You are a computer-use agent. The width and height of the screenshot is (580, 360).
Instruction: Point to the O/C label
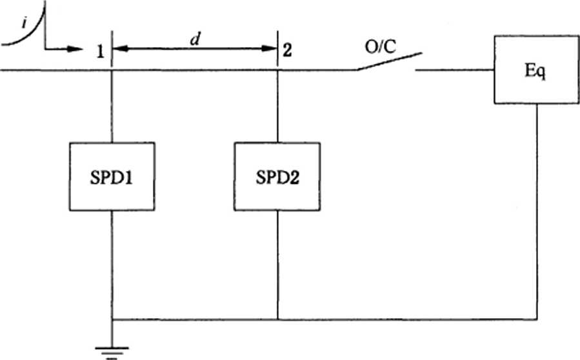[x=380, y=48]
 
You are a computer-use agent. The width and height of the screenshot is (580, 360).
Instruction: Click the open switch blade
[x=389, y=61]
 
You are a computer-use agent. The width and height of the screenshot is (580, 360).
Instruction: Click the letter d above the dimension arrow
[x=195, y=39]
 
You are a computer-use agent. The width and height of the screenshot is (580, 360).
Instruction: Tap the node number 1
[x=100, y=51]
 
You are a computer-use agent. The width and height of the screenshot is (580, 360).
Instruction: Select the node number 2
[x=287, y=50]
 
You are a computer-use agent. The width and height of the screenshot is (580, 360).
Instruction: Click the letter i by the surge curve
[x=25, y=23]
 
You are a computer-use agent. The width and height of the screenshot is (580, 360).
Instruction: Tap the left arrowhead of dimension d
[x=120, y=48]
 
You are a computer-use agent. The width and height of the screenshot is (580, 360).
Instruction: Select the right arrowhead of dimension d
[x=269, y=48]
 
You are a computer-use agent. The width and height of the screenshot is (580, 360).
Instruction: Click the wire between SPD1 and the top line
[x=112, y=106]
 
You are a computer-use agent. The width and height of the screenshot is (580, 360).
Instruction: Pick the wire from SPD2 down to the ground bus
[x=277, y=265]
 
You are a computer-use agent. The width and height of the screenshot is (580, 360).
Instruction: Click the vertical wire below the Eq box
[x=537, y=211]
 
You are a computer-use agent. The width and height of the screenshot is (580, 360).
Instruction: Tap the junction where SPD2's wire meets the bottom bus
[x=277, y=319]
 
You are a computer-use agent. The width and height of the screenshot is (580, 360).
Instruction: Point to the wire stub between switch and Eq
[x=455, y=70]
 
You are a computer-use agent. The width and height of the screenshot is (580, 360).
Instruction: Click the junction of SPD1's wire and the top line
[x=112, y=70]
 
